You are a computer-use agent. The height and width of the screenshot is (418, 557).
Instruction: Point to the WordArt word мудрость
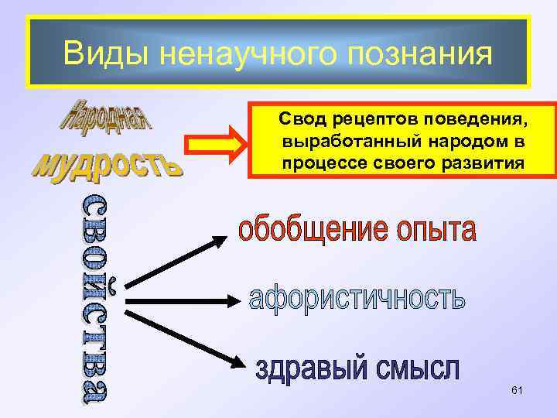[108, 163]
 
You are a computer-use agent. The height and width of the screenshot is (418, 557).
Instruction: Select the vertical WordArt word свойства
[97, 298]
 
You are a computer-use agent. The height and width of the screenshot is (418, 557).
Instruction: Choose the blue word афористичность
[357, 299]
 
